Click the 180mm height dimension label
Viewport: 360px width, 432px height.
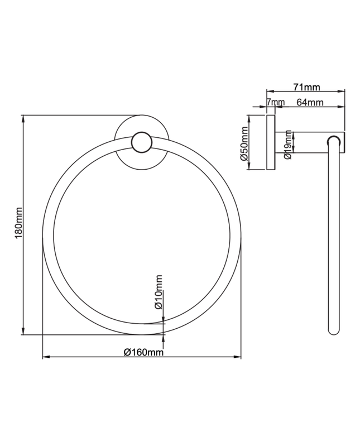(x=18, y=223)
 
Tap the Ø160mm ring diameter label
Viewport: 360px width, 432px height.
(x=143, y=352)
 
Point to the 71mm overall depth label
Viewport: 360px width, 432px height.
(x=306, y=87)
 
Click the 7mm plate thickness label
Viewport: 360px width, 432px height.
(x=275, y=102)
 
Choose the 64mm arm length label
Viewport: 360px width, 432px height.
(x=310, y=102)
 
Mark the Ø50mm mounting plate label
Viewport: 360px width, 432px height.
(x=244, y=143)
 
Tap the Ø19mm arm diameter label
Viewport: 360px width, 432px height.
(x=288, y=145)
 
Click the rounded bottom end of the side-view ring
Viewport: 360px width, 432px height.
(x=334, y=330)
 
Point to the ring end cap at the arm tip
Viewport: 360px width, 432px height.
(x=333, y=141)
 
